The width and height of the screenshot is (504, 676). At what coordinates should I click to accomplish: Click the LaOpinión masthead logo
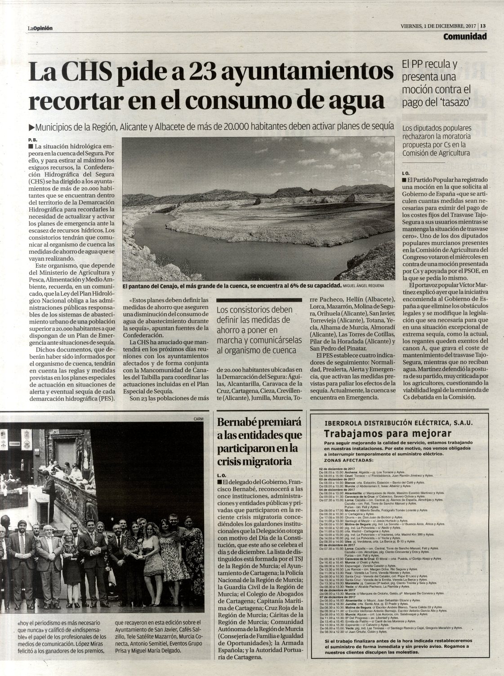coord(40,28)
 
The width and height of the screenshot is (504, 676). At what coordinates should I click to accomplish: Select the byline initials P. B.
coord(31,140)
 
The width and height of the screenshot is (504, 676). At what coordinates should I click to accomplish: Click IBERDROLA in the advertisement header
coord(346,423)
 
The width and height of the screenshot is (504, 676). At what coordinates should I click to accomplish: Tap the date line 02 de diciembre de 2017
coord(337,469)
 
